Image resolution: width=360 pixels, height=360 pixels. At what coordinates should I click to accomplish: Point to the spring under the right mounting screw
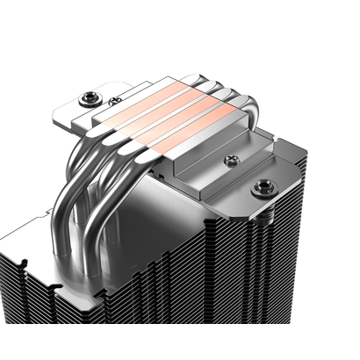tap(261, 204)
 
